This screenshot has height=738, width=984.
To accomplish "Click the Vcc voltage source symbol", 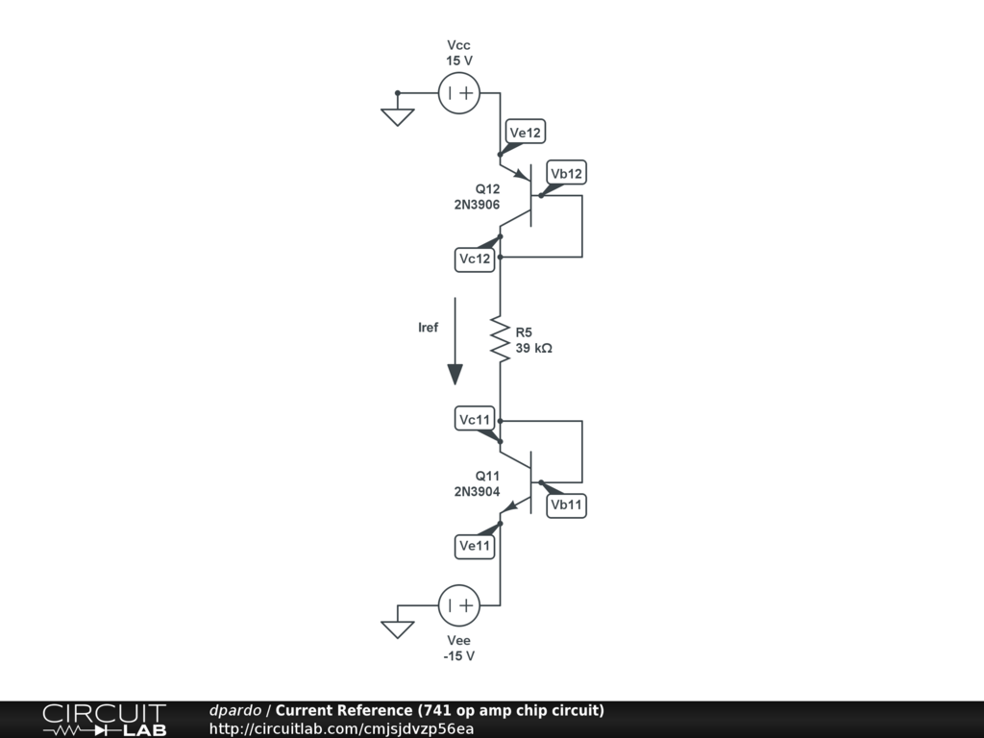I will tap(458, 93).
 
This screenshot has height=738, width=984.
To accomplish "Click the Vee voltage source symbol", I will tap(458, 605).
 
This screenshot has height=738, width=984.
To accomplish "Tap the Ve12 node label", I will tap(525, 133).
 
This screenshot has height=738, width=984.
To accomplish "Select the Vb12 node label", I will tap(565, 173).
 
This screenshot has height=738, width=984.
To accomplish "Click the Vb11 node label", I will tap(566, 505).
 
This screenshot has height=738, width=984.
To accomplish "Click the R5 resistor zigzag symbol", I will tap(500, 339).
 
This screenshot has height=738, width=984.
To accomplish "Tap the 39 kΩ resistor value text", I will tap(534, 349).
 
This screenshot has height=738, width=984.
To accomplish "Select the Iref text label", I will tap(428, 328).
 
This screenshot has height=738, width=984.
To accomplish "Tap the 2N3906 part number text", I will tap(477, 204).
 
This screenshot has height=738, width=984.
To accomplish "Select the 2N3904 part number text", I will tap(477, 491).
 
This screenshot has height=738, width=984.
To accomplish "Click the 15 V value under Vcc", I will tap(459, 61).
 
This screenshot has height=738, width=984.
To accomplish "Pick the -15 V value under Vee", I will tap(459, 656).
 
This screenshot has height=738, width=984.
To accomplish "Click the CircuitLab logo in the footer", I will tap(104, 720).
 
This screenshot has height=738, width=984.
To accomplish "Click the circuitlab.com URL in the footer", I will tap(341, 728).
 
